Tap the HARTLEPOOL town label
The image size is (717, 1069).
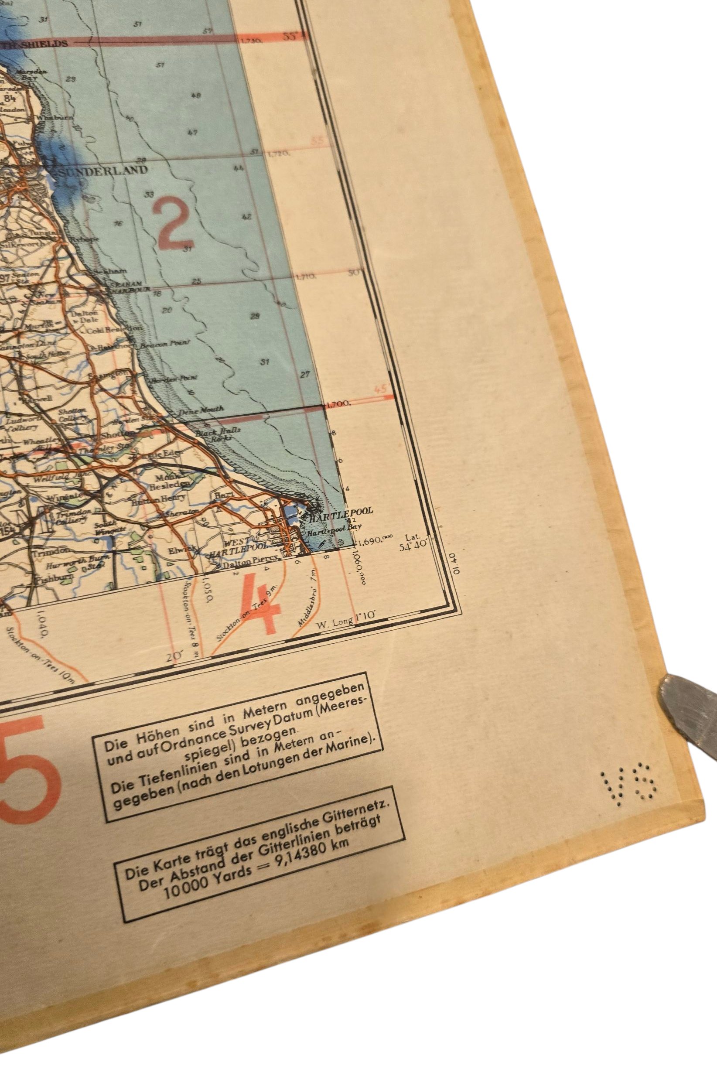tap(341, 511)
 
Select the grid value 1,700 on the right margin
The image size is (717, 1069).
tap(339, 404)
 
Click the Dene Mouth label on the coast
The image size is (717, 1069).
tap(194, 411)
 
